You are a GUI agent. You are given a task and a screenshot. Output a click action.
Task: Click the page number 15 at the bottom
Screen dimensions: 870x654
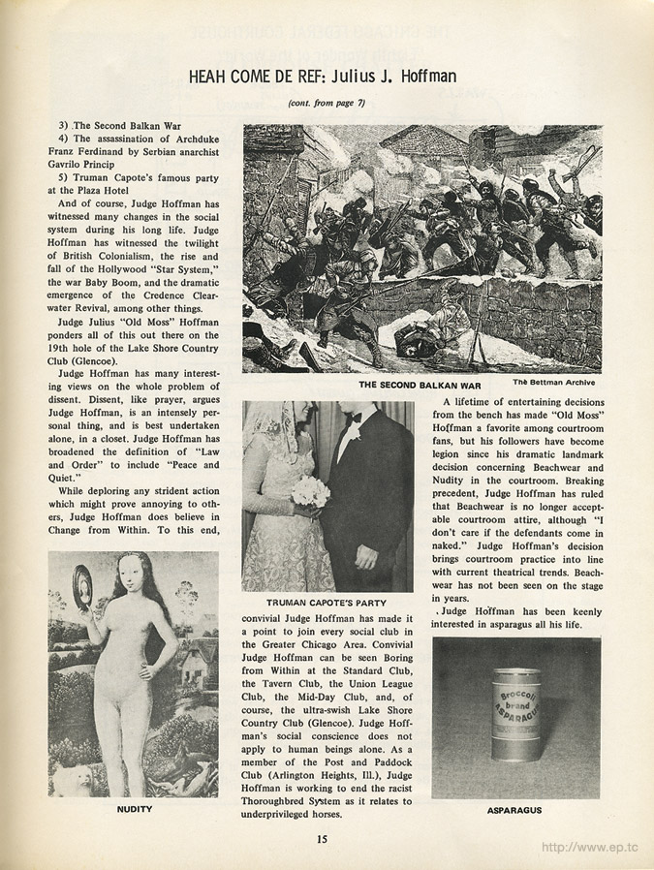324,839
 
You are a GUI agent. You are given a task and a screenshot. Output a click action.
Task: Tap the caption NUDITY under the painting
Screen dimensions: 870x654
133,806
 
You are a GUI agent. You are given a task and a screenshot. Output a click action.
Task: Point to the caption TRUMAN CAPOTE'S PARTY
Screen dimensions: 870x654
327,602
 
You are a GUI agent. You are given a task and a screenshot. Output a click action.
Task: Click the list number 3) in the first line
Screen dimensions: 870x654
65,125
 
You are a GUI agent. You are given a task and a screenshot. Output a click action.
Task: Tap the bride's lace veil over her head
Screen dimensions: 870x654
265,431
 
